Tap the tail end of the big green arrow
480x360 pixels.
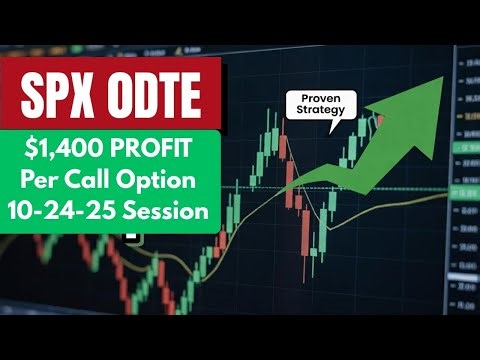pos(285,190)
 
